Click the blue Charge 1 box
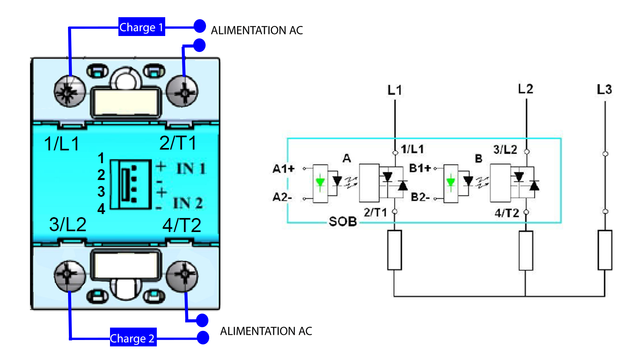pos(142,26)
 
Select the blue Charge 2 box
pos(133,337)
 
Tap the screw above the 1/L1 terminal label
pos(70,92)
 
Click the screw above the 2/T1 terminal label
pos(182,92)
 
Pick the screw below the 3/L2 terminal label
pos(70,276)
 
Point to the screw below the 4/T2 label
pos(182,276)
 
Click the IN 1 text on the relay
pos(191,168)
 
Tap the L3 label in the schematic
pos(604,90)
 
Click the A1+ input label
pos(283,169)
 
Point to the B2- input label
pos(420,197)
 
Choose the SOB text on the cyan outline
pos(343,222)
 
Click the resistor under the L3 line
pos(605,250)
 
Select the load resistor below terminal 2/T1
pos(394,250)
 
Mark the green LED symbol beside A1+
pos(320,182)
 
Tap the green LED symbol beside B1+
pos(450,182)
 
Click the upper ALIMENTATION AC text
pos(257,30)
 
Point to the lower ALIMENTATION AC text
pos(266,331)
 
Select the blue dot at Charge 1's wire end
pos(200,26)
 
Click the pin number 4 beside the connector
pos(101,209)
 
